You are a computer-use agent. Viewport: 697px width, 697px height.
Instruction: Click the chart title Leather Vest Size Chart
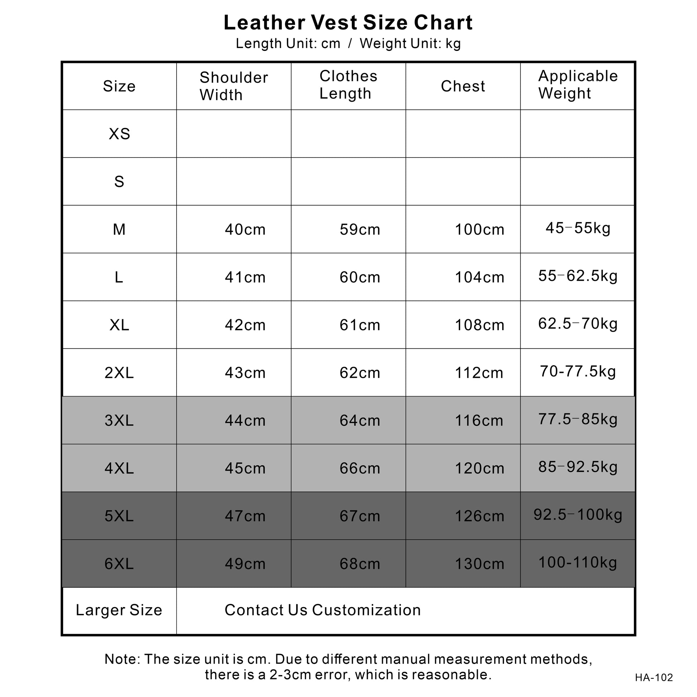coord(348,22)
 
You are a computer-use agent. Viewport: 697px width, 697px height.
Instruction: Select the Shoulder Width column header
coord(234,86)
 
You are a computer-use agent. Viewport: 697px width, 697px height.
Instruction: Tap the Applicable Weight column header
coord(578,85)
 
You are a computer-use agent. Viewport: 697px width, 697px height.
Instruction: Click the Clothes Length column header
coord(348,85)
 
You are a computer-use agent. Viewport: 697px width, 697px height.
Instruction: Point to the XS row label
coord(119,134)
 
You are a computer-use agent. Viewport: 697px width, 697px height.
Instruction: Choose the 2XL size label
coord(119,372)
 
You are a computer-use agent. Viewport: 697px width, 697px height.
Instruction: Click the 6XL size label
coord(119,564)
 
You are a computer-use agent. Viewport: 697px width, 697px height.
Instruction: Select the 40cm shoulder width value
coord(245,230)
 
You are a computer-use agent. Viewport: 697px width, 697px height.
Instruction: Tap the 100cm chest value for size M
coord(480,230)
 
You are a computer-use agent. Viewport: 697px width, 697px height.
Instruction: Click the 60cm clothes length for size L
coord(360,278)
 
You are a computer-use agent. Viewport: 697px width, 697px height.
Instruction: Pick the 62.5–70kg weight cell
coord(578,324)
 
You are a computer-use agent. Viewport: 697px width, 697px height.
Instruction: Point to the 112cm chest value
coord(479,372)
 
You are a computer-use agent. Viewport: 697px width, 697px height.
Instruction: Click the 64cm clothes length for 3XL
coord(360,420)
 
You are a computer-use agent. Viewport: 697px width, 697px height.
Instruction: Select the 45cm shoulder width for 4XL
coord(245,468)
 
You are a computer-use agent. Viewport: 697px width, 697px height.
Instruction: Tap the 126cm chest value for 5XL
coord(480,516)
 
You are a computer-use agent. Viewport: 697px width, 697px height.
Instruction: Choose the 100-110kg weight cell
coord(578,562)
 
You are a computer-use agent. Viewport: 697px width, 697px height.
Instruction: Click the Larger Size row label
coord(119,610)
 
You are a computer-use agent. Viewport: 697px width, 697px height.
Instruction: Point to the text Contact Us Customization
coord(323,610)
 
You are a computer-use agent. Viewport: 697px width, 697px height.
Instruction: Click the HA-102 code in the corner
coord(654,678)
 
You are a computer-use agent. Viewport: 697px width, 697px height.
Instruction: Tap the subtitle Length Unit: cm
coord(288,44)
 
